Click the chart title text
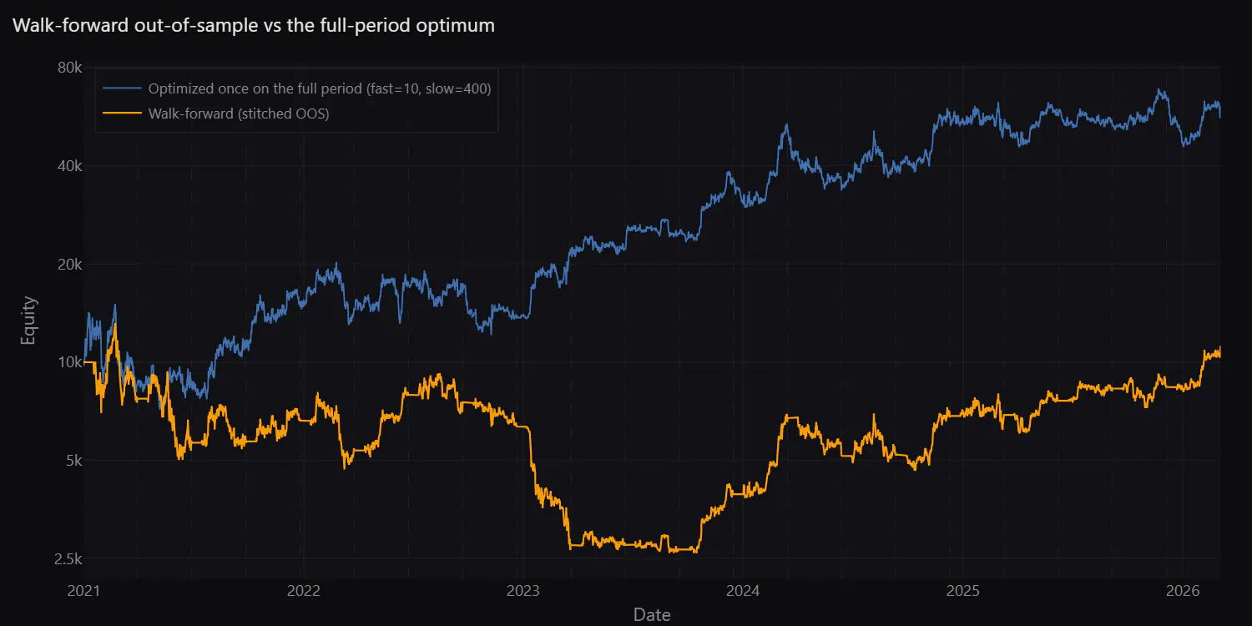(x=253, y=25)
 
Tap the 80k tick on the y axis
(x=69, y=68)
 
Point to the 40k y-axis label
(x=69, y=166)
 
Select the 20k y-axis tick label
(x=69, y=265)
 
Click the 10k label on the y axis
(x=70, y=362)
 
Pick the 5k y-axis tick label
(x=73, y=461)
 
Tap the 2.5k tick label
(x=68, y=559)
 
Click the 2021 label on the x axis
(x=83, y=591)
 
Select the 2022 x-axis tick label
(x=304, y=591)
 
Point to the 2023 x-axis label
(x=523, y=591)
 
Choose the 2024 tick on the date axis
(x=743, y=591)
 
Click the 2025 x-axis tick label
(x=963, y=591)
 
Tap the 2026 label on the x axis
(x=1183, y=591)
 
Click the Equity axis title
(x=28, y=321)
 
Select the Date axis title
(x=652, y=615)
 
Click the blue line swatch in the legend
(x=122, y=88)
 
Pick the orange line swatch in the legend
(x=122, y=114)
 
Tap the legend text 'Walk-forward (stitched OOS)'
(x=239, y=114)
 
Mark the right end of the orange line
(x=1220, y=353)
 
